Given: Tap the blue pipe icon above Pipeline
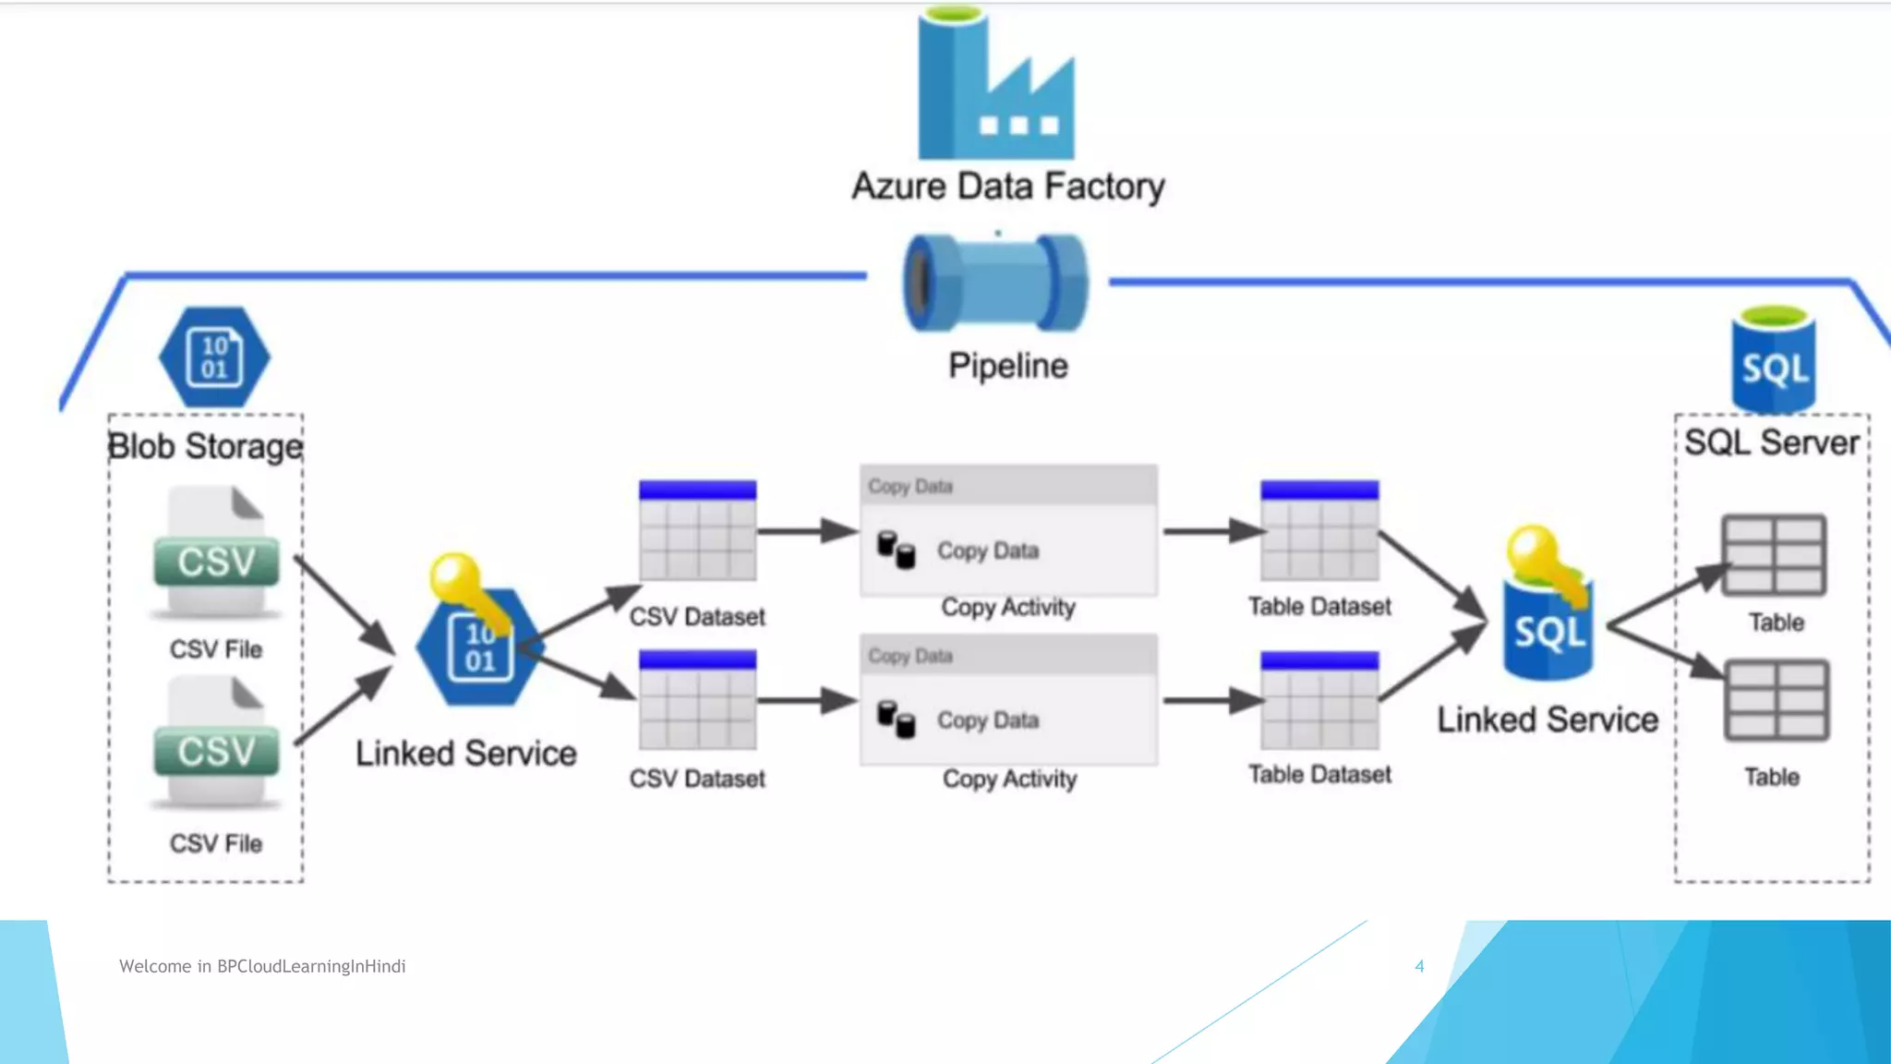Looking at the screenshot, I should click(x=995, y=283).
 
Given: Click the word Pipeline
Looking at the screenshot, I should click(x=1007, y=366).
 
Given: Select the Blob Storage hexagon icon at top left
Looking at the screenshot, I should click(x=214, y=357).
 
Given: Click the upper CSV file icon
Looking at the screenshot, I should click(x=216, y=554).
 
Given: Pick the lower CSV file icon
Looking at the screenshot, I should click(x=216, y=744).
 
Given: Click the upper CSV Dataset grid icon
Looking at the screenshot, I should click(x=697, y=530).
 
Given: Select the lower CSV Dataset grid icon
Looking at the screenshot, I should click(x=697, y=700).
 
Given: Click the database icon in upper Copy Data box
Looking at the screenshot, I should click(x=896, y=550).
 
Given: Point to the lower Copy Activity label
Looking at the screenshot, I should click(x=1009, y=779).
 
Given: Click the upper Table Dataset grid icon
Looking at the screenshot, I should click(x=1319, y=530).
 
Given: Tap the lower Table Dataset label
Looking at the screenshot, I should click(x=1319, y=774).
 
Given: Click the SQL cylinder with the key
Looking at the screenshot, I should click(x=1548, y=628).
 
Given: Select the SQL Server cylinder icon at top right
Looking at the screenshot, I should click(x=1773, y=362).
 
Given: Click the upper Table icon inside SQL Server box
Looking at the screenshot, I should click(x=1774, y=555).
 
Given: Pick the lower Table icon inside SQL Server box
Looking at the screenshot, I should click(x=1776, y=700).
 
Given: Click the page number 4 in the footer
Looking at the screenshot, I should click(x=1419, y=966).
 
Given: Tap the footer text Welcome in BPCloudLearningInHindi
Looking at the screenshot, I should click(x=262, y=966).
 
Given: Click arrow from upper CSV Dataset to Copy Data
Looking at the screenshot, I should click(x=807, y=531).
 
